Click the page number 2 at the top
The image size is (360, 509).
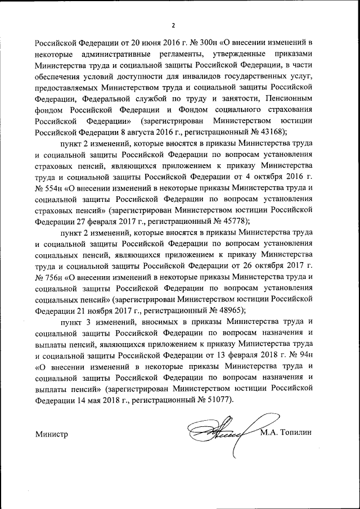click(x=174, y=25)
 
